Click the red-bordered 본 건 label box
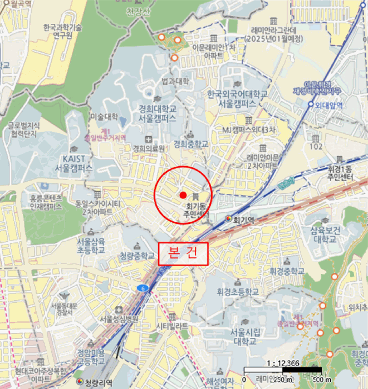coord(183,254)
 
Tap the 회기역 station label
coord(243,220)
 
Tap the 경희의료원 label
coord(149,148)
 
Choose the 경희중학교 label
coord(190,144)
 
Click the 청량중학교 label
coord(137,256)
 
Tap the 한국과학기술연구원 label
coord(62,31)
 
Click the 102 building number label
coord(316,147)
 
